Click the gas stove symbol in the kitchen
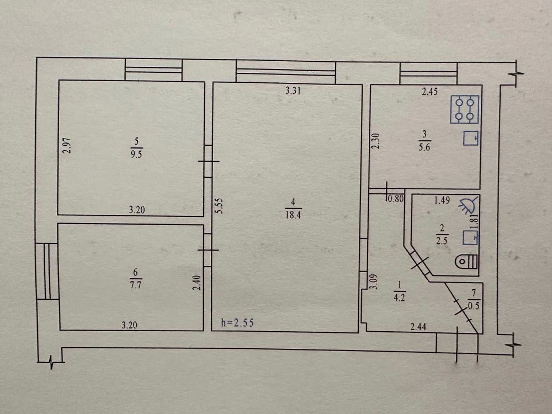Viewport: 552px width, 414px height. [465, 109]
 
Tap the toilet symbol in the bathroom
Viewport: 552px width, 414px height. [466, 261]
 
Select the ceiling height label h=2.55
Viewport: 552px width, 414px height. [237, 322]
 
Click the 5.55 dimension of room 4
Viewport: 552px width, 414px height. [220, 206]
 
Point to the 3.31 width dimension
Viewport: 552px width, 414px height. [293, 91]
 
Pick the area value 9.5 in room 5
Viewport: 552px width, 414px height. [136, 154]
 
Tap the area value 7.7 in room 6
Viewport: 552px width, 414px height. [136, 284]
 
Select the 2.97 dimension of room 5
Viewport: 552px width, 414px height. [67, 145]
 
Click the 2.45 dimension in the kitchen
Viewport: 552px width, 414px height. [430, 92]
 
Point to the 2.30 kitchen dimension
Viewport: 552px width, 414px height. [376, 141]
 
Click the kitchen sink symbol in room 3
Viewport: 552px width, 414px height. [471, 137]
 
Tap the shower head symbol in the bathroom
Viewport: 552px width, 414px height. [469, 205]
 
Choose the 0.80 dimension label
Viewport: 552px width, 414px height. [395, 199]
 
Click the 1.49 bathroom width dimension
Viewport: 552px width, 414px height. [442, 200]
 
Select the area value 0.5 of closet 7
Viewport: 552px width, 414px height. [474, 306]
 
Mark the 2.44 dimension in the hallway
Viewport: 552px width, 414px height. [418, 327]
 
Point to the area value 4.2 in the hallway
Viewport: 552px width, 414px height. [400, 298]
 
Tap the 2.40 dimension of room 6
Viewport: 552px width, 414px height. [197, 283]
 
